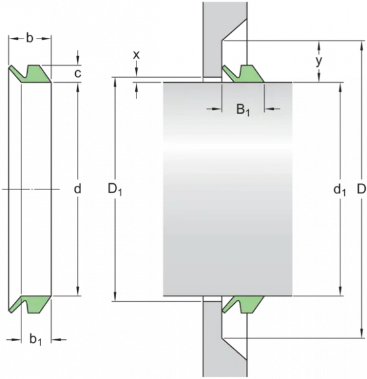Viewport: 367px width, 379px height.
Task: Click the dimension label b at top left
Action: coord(29,38)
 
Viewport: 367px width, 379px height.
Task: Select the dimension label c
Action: coord(77,73)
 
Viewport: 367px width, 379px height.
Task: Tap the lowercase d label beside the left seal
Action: coord(77,189)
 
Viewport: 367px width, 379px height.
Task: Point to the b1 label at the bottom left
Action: coord(35,339)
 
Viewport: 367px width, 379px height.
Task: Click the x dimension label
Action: coord(136,55)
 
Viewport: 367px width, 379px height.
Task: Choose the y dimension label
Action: coord(319,61)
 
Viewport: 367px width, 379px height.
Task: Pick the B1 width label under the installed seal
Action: coord(243,110)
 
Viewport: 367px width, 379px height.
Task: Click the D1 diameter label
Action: coord(115,189)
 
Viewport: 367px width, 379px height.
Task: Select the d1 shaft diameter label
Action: coord(340,189)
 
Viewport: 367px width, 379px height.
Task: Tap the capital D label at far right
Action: coord(361,189)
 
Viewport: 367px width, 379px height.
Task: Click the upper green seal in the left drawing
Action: coord(30,74)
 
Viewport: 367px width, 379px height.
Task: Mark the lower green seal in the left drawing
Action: coord(30,304)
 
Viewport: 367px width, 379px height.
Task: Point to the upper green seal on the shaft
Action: coord(243,74)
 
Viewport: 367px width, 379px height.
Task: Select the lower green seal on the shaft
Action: coord(243,304)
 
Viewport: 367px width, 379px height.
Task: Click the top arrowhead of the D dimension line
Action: coord(361,45)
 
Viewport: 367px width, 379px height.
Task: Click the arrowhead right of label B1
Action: coord(269,109)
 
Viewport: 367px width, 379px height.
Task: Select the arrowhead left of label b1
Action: coord(16,340)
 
